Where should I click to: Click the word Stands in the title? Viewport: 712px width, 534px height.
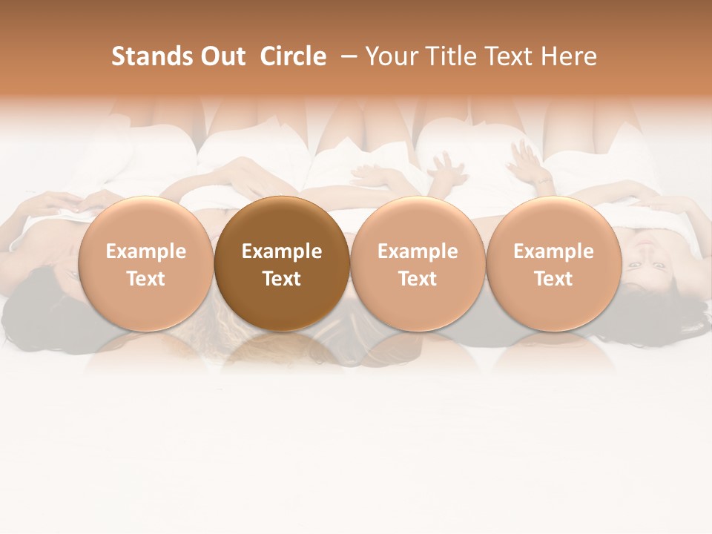point(144,56)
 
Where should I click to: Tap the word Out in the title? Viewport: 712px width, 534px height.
point(221,56)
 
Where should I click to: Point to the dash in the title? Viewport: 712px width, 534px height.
point(346,56)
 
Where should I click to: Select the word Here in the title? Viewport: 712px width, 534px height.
point(569,56)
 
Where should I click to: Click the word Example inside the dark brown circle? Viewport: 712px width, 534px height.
point(282,251)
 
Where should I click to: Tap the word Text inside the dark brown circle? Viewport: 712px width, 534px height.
point(282,279)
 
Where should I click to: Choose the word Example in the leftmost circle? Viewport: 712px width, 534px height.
point(146,251)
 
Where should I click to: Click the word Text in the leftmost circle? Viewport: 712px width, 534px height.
point(146,279)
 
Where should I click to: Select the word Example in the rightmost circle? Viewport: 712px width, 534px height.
point(553,251)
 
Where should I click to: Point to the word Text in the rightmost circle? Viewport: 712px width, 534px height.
point(553,279)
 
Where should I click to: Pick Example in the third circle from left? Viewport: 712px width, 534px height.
point(418,251)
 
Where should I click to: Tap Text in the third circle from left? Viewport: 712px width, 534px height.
point(418,279)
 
